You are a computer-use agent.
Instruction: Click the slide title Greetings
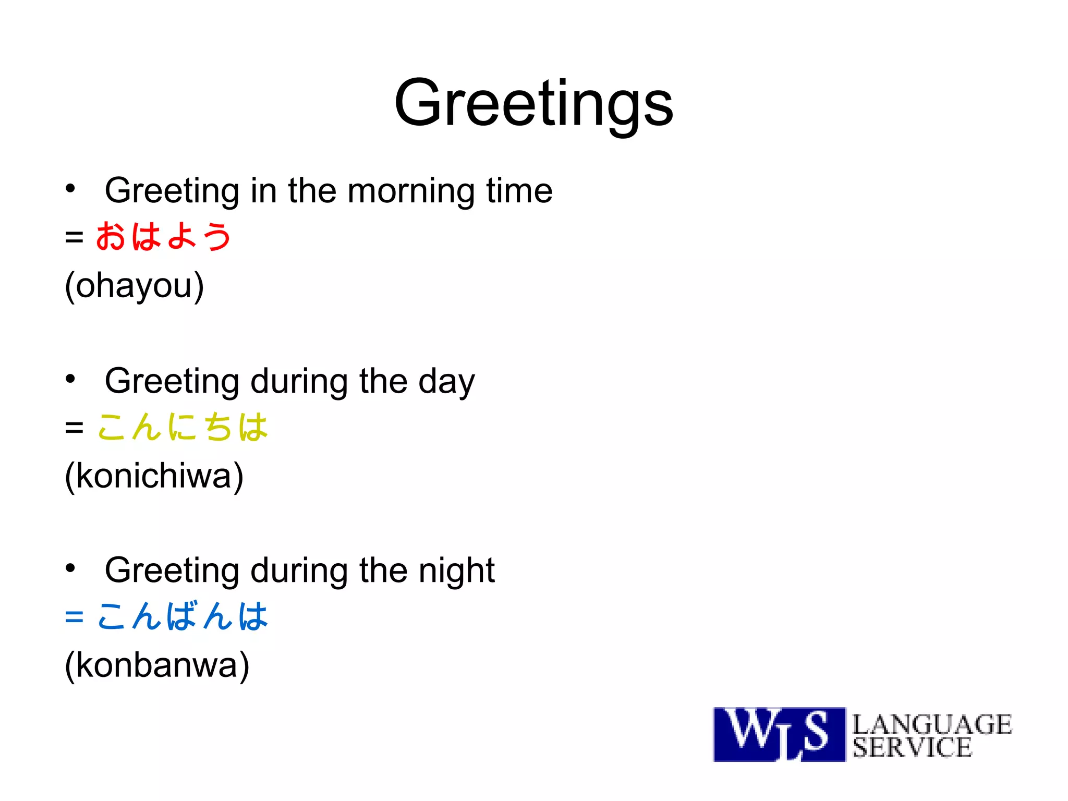(x=533, y=103)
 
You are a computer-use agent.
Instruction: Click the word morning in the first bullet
(x=411, y=191)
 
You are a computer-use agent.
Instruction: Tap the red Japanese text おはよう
(x=163, y=236)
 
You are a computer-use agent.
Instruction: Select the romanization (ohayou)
(x=134, y=286)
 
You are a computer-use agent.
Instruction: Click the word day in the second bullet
(x=446, y=382)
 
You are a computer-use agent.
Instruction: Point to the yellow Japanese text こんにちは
(x=183, y=427)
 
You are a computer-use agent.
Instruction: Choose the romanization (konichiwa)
(x=154, y=476)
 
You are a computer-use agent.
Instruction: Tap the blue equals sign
(x=74, y=617)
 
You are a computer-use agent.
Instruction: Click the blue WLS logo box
(x=779, y=734)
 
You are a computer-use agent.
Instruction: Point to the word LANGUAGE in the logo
(x=932, y=724)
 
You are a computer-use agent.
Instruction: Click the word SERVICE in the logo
(x=913, y=747)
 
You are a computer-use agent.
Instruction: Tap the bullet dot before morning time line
(x=70, y=189)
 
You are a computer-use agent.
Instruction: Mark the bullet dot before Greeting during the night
(x=70, y=568)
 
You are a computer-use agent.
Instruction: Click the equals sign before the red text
(x=74, y=237)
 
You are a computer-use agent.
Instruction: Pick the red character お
(x=111, y=236)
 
